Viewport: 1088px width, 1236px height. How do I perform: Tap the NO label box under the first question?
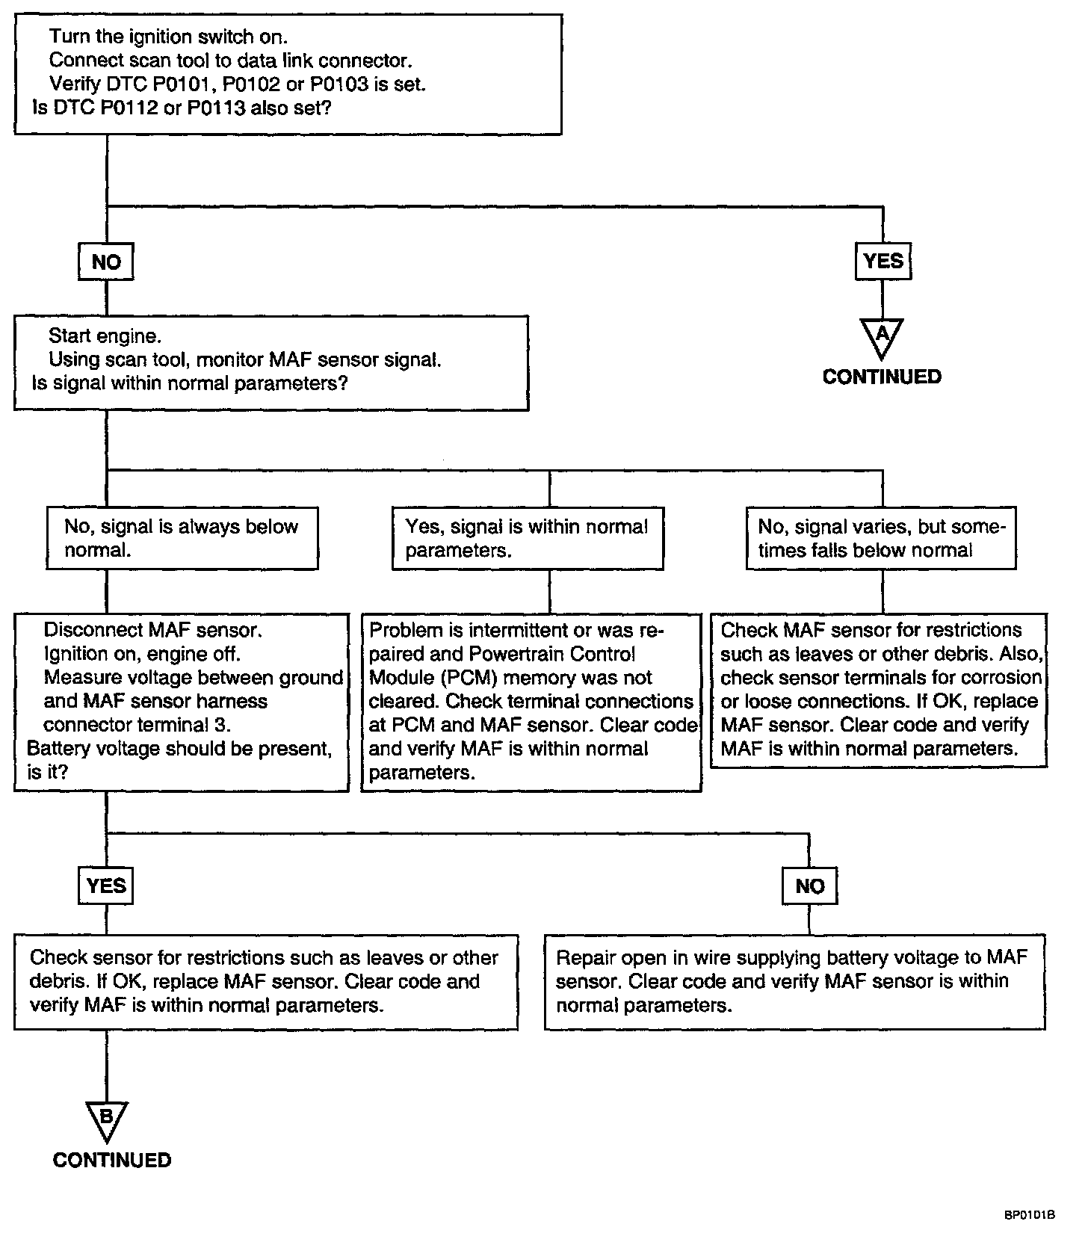click(106, 262)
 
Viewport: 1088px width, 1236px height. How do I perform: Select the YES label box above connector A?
click(883, 261)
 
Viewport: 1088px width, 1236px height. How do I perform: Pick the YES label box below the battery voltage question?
click(106, 886)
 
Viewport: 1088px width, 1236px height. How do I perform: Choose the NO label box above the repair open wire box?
click(810, 886)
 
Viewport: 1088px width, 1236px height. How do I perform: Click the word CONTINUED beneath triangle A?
click(882, 377)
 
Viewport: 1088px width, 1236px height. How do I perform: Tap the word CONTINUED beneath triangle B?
click(112, 1160)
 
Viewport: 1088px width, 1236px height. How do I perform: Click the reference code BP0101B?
click(1030, 1215)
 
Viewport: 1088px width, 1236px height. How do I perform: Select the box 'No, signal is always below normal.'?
click(182, 538)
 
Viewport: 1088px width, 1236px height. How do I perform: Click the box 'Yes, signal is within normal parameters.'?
click(528, 538)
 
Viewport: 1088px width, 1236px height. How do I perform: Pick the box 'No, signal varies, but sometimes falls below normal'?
click(882, 538)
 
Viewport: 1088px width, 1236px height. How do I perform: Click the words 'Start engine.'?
click(105, 336)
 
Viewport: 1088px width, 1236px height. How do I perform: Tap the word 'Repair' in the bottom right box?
click(584, 958)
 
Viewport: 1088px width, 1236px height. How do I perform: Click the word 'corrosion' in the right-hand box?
click(1001, 677)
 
